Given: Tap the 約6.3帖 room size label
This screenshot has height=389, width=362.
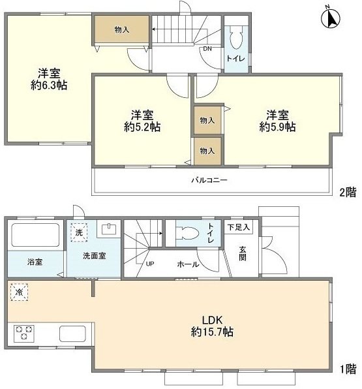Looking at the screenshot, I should pyautogui.click(x=50, y=85).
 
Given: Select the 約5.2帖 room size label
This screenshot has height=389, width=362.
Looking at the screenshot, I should pyautogui.click(x=142, y=127).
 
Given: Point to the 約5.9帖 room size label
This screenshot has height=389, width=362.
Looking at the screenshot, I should pyautogui.click(x=277, y=127).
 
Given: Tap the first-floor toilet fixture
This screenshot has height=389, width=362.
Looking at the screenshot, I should pyautogui.click(x=189, y=233).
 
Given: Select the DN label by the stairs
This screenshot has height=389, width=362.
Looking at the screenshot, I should pyautogui.click(x=207, y=49).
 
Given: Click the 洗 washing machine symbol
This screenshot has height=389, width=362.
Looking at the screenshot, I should pyautogui.click(x=79, y=232).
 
